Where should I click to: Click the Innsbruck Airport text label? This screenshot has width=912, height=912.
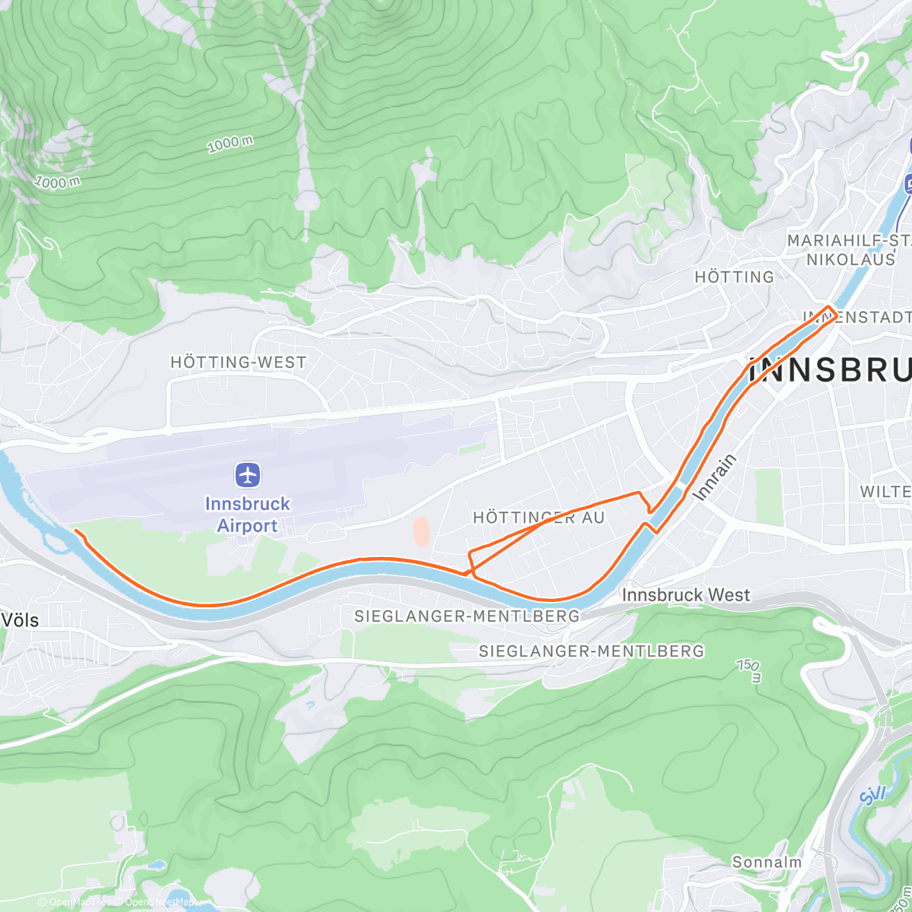[247, 515]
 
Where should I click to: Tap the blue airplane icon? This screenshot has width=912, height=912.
[248, 476]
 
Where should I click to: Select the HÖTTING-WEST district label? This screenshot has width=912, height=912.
[238, 363]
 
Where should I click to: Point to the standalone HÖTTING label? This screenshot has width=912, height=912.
[734, 277]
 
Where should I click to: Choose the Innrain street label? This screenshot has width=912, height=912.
[715, 477]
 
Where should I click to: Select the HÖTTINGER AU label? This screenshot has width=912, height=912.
[539, 518]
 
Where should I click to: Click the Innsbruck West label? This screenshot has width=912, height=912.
[686, 595]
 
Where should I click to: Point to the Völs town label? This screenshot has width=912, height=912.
[20, 620]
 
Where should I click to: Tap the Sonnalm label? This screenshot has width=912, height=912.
[766, 862]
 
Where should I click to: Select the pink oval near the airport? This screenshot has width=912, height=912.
[420, 532]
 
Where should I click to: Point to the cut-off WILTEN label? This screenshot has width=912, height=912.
[885, 492]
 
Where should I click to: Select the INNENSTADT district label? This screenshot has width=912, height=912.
[857, 317]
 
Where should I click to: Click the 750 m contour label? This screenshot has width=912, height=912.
[749, 670]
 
